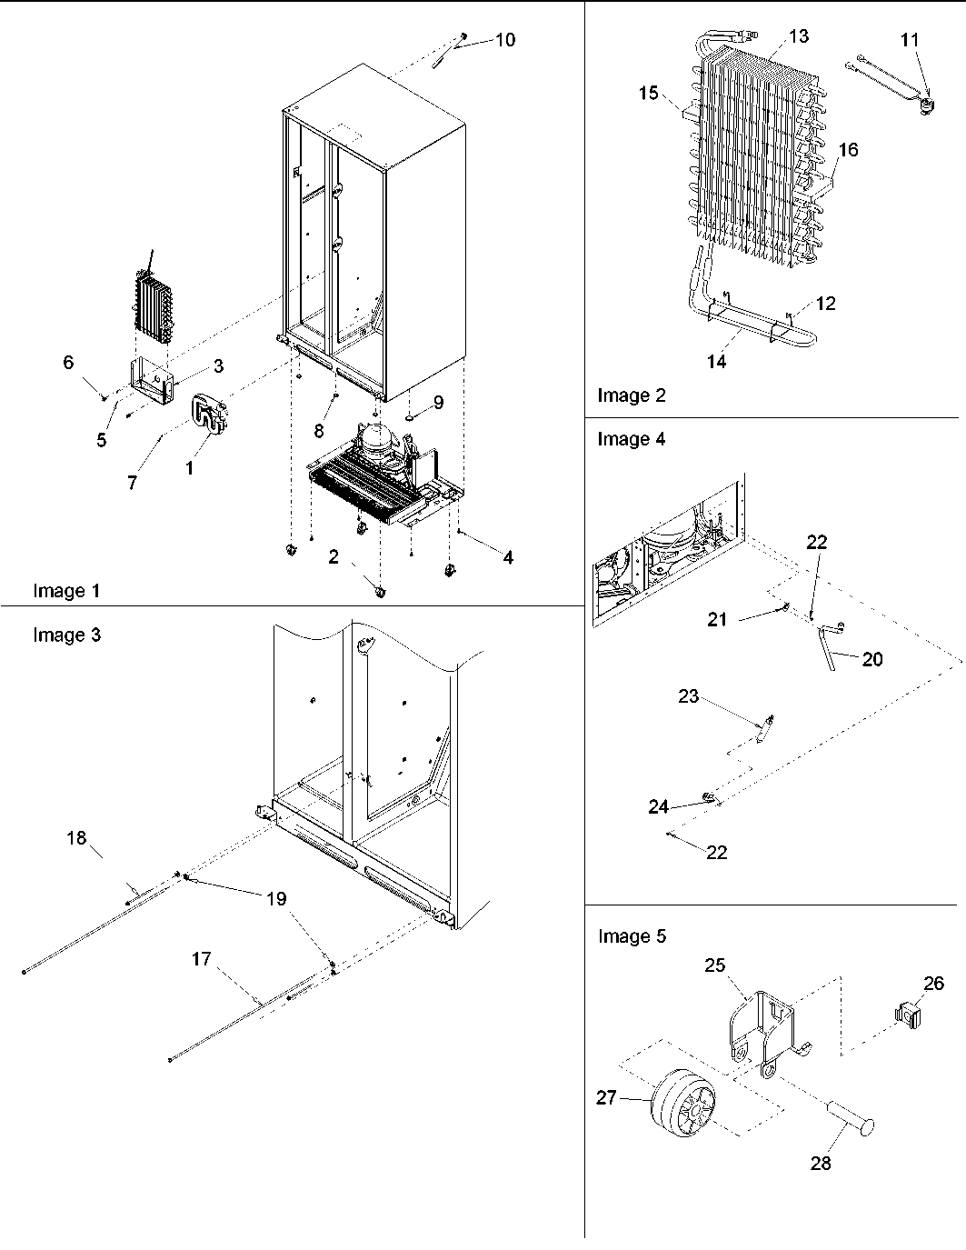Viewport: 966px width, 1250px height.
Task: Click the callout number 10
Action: [x=504, y=40]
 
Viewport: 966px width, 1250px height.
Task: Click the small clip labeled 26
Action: [x=906, y=1012]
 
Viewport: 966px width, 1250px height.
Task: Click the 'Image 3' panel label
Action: [x=67, y=635]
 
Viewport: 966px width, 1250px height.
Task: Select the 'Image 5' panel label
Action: [x=632, y=935]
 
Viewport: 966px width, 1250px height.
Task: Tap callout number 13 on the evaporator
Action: [x=798, y=36]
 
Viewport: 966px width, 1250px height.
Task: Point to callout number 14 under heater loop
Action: [x=716, y=362]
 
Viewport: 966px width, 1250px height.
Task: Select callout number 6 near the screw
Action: [x=68, y=363]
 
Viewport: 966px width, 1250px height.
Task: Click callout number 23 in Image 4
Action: [x=689, y=696]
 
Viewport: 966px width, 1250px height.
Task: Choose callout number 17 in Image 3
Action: [x=201, y=958]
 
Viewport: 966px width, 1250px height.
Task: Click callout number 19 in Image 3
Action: [x=276, y=898]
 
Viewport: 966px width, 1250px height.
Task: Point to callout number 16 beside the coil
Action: [x=847, y=150]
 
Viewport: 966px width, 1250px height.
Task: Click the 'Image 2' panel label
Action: [x=631, y=395]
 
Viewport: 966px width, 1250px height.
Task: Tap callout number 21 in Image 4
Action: [x=717, y=619]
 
